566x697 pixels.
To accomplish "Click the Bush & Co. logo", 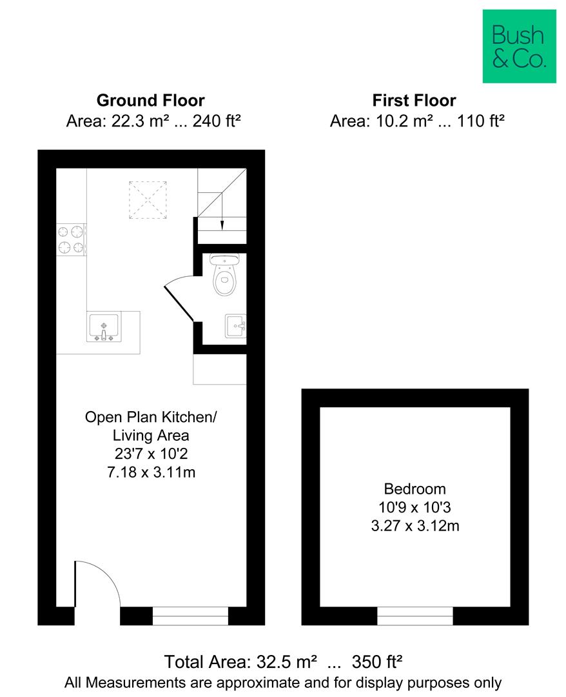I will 519,46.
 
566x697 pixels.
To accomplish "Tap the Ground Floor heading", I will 150,101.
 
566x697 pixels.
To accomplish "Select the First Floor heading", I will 414,101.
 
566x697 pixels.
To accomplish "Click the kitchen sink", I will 103,327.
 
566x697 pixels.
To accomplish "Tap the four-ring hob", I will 71,239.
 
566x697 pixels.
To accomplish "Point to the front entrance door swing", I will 97,584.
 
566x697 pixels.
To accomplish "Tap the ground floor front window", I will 190,616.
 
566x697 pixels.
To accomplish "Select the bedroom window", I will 415,616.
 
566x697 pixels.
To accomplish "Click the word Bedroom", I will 415,489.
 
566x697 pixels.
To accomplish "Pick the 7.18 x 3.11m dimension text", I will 151,472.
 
